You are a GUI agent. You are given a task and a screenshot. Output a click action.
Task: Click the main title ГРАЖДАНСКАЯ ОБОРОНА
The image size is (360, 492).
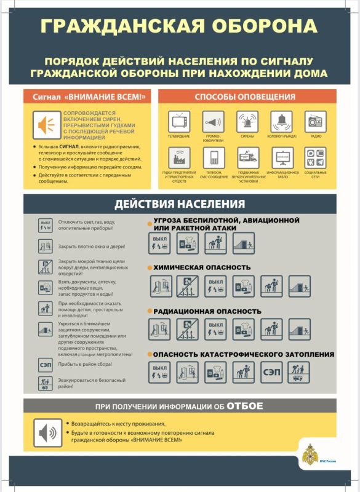[x=179, y=25]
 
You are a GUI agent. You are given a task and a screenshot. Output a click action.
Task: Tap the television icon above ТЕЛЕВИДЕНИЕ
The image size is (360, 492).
[x=179, y=121]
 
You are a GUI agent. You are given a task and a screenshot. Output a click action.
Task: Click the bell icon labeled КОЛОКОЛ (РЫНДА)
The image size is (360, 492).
[x=282, y=121]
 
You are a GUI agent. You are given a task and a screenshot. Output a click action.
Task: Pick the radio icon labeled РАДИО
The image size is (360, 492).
[x=316, y=121]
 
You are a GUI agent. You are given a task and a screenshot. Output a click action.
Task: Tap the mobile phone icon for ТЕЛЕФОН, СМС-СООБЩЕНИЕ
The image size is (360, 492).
[x=214, y=157]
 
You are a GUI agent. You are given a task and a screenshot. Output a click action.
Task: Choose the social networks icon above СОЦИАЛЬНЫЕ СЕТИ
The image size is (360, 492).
[x=316, y=157]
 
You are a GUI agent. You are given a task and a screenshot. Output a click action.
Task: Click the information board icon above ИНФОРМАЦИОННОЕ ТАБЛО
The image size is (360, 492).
[x=282, y=157]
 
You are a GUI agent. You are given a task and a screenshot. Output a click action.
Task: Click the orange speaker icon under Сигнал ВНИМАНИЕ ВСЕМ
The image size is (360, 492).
[x=46, y=125]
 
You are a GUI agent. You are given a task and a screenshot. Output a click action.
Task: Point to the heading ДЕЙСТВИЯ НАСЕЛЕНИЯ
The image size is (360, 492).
[x=179, y=204]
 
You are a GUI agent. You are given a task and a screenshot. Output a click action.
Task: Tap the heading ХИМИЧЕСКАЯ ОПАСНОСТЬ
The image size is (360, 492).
[x=202, y=268]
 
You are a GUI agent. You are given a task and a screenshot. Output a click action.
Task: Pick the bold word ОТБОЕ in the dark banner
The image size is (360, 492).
[x=244, y=406]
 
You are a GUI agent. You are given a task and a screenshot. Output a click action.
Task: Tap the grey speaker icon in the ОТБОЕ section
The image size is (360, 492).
[x=47, y=434]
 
